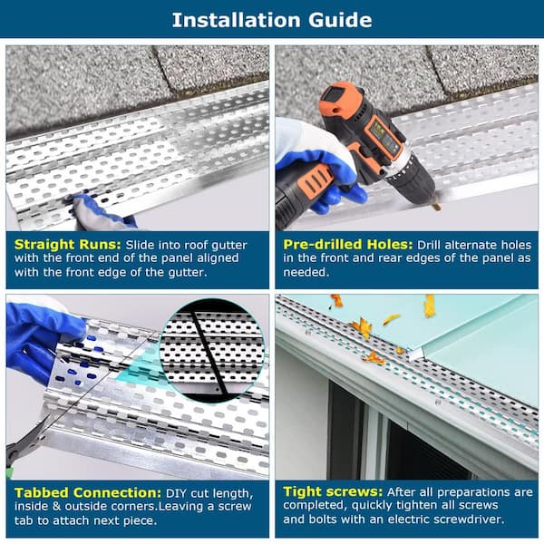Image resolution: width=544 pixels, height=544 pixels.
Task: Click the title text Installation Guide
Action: click(x=272, y=20)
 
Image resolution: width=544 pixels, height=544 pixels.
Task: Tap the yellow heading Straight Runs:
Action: click(x=68, y=245)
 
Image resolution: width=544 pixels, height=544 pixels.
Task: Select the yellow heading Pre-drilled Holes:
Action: click(x=348, y=244)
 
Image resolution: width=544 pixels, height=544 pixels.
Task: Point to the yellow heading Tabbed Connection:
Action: click(x=88, y=492)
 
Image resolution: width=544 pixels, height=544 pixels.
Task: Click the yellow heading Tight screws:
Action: click(x=333, y=491)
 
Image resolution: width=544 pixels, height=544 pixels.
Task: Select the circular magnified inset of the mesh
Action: click(x=212, y=351)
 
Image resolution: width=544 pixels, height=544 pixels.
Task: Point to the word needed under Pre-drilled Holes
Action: click(x=306, y=272)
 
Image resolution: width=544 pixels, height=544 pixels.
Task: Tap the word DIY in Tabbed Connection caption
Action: click(x=177, y=493)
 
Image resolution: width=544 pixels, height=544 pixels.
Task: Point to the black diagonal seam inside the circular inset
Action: click(x=209, y=352)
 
